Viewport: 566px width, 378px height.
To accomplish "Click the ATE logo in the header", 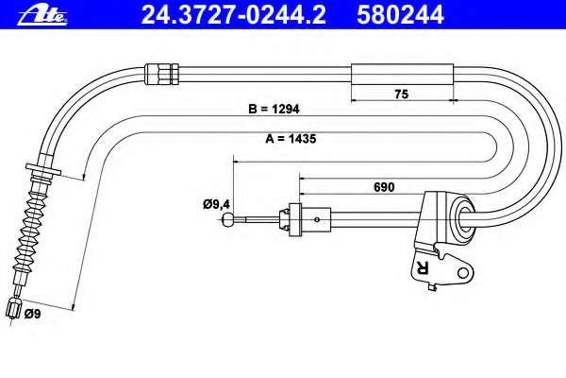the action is click(x=42, y=15).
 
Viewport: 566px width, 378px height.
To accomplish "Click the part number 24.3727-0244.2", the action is click(x=234, y=15).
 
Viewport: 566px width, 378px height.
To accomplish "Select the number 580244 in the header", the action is click(x=400, y=15).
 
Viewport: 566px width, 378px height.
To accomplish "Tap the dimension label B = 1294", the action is click(x=274, y=109).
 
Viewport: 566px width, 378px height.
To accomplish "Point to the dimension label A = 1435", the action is click(x=291, y=139).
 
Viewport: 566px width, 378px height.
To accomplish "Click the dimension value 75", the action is click(x=402, y=94).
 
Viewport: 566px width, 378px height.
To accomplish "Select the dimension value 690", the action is click(x=384, y=187).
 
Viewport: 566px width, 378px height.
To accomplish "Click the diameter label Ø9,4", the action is click(x=216, y=205).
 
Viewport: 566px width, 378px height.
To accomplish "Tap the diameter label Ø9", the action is click(x=32, y=314).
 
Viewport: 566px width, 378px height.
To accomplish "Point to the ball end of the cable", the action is click(x=227, y=219).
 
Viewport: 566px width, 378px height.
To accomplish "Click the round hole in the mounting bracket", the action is click(x=463, y=273).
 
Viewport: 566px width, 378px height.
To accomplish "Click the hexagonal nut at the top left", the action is click(x=161, y=74).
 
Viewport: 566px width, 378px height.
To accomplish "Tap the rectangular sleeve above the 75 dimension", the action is click(x=402, y=75).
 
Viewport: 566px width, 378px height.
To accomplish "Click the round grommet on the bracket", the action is click(x=463, y=216).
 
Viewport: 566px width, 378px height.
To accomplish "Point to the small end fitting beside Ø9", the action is click(x=14, y=308).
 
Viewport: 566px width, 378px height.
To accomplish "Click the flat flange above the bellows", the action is click(x=43, y=169).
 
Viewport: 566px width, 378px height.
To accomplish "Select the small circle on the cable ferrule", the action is click(x=317, y=219).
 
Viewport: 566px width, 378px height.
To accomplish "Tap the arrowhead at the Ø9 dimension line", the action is click(x=73, y=306).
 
